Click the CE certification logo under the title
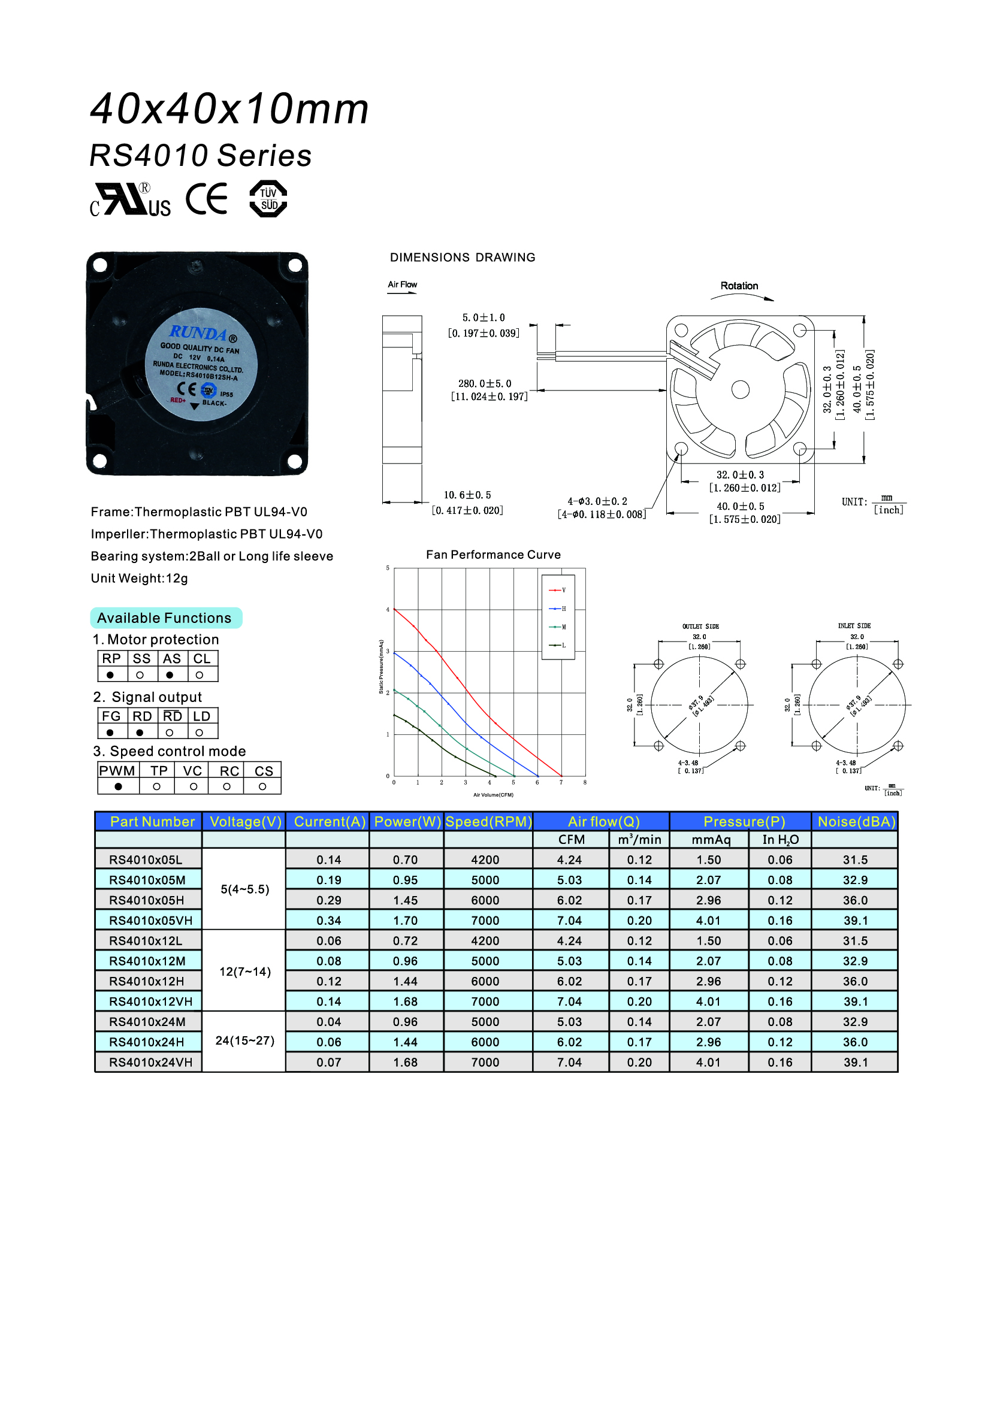tap(207, 199)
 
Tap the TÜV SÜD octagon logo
tap(268, 199)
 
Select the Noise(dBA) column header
tap(856, 822)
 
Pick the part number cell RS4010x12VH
tap(150, 1001)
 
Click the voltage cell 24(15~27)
tap(244, 1040)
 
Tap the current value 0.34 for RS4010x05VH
tap(328, 920)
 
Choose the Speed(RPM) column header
tap(488, 822)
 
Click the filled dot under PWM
tap(119, 786)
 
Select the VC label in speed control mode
tap(192, 771)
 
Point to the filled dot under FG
tap(110, 732)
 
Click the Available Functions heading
tap(164, 618)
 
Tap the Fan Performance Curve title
tap(493, 555)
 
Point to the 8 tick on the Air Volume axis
tap(585, 782)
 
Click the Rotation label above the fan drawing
tap(739, 286)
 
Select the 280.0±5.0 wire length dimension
tap(485, 383)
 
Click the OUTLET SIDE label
tap(700, 626)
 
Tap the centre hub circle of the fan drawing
tap(740, 389)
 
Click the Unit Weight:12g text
tap(139, 578)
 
